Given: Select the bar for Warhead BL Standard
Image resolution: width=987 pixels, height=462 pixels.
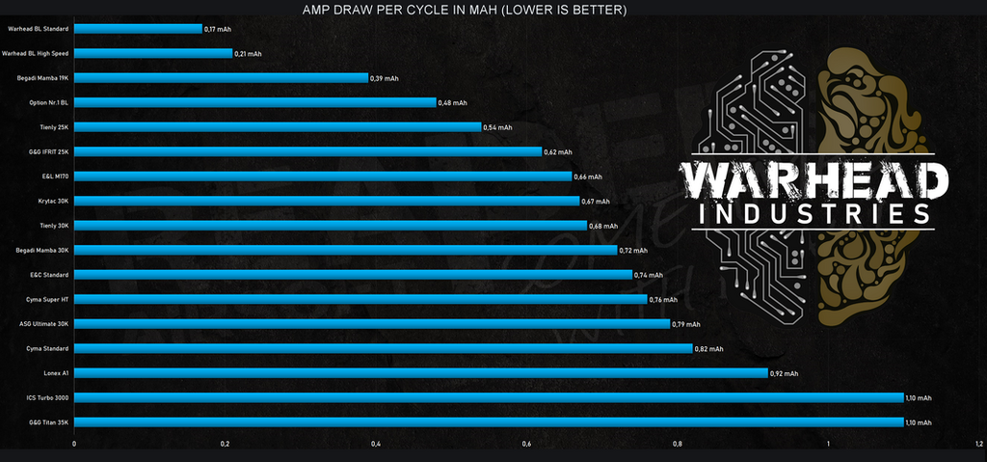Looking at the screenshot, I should (x=138, y=29).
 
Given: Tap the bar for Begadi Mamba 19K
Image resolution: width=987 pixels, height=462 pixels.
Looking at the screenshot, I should (x=221, y=77).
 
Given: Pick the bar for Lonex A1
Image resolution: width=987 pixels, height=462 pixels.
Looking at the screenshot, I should (x=420, y=373).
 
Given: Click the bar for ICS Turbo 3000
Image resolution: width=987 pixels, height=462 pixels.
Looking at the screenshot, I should (x=489, y=397).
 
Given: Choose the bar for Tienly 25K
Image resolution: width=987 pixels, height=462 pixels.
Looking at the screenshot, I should (x=278, y=126).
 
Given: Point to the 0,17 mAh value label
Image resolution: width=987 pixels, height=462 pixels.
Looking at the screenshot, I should (x=219, y=29).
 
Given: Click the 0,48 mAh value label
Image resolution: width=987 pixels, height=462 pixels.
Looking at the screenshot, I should (x=452, y=102).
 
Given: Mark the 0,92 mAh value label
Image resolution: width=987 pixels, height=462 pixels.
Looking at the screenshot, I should (x=785, y=373).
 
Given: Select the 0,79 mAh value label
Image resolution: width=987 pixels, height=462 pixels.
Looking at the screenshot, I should (x=686, y=324).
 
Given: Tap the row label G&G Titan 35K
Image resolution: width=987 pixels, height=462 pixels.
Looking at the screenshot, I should (x=48, y=422).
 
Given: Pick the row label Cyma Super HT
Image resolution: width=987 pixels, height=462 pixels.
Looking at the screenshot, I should (x=47, y=299).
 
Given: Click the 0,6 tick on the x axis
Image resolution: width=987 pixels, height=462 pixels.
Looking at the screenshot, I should (x=526, y=444).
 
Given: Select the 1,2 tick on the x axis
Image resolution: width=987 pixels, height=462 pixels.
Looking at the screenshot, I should (x=978, y=444).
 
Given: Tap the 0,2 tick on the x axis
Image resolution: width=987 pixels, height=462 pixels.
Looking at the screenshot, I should (x=225, y=444).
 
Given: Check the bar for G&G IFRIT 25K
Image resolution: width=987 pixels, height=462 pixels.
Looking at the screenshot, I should (x=307, y=151).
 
